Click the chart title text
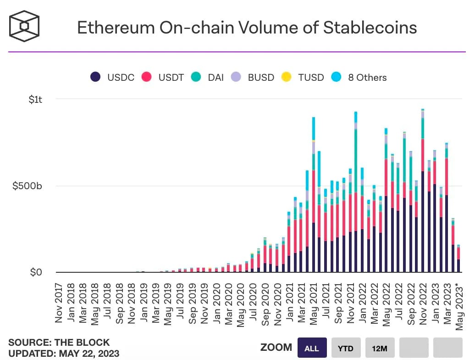[247, 28]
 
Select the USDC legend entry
[112, 77]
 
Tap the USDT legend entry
[162, 77]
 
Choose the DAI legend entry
[208, 77]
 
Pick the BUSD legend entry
[253, 77]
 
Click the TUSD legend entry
[303, 77]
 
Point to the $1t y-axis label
[35, 99]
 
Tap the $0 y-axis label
[36, 272]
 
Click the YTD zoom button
[346, 349]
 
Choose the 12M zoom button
[380, 349]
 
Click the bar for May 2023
[458, 259]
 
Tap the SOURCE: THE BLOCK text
[59, 343]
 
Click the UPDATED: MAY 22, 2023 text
[64, 353]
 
